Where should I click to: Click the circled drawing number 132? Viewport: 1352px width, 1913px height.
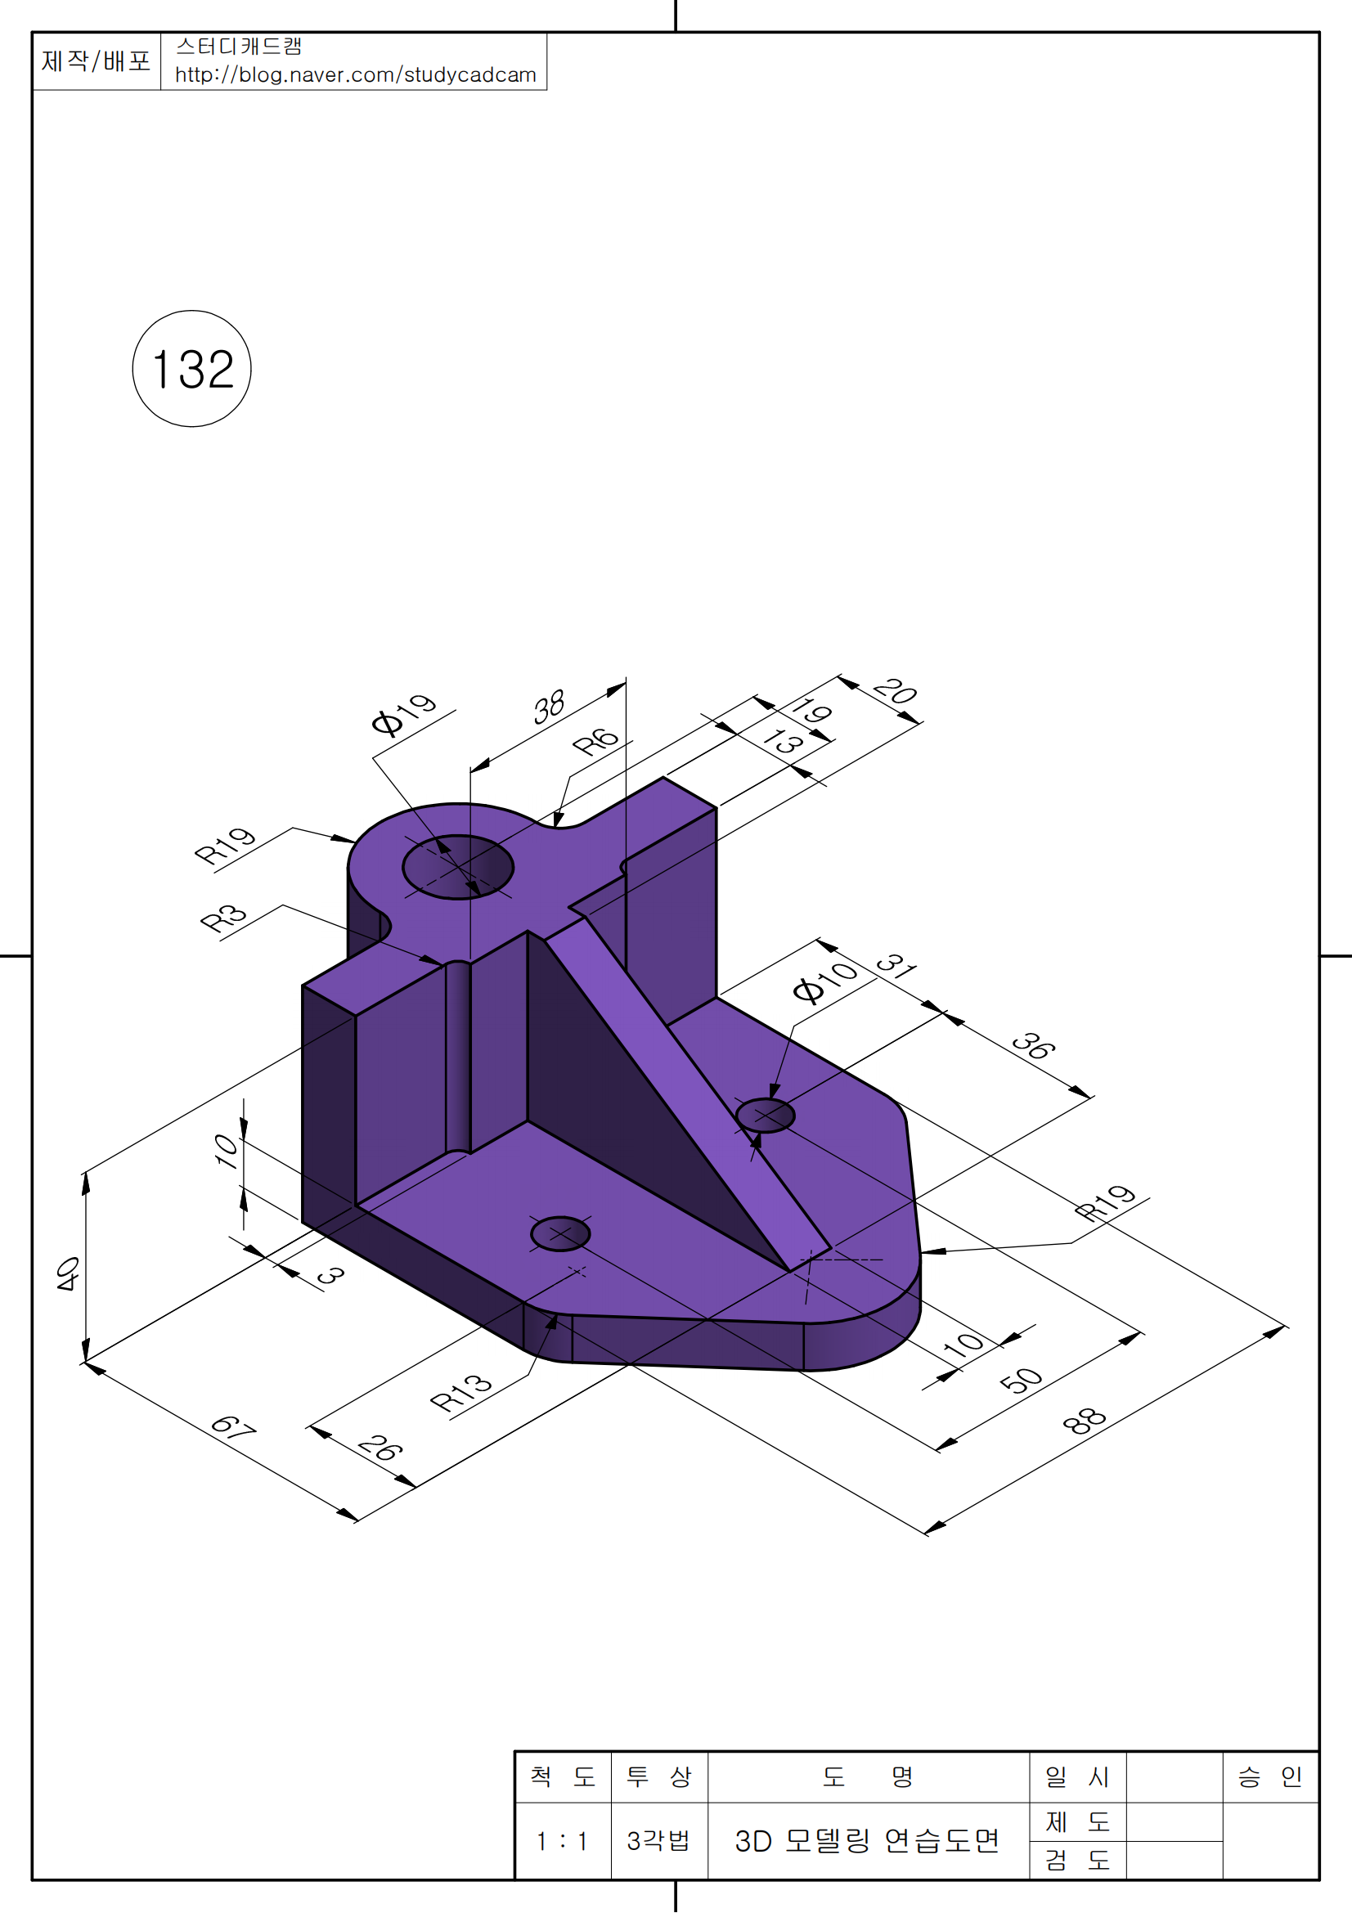coord(191,368)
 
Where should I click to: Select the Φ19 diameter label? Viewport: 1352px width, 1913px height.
coord(403,714)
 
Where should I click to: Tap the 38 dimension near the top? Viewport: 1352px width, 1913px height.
coord(549,707)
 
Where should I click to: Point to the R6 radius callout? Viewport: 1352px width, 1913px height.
coord(595,741)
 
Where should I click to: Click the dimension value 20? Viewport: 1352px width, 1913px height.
coord(896,692)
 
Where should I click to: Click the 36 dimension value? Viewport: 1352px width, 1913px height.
coord(1034,1046)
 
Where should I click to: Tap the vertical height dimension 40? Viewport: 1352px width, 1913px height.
coord(69,1274)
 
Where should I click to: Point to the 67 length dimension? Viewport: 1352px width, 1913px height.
coord(233,1427)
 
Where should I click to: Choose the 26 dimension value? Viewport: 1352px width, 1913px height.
coord(380,1449)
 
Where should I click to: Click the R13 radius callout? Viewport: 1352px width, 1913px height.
coord(460,1392)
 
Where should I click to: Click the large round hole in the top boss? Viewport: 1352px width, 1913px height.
coord(458,866)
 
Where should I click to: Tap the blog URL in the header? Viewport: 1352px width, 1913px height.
coord(356,75)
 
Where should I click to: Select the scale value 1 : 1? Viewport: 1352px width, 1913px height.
coord(562,1840)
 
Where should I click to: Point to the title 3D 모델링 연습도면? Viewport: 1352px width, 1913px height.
coord(866,1840)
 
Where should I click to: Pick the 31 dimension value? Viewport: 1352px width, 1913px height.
coord(897,965)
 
